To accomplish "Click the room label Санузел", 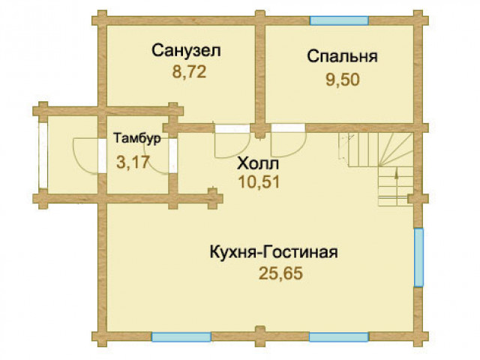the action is pos(186,50).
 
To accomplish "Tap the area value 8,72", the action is pos(189,72).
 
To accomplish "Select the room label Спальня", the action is pos(342,57).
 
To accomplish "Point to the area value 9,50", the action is pos(342,80).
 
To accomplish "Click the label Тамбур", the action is pos(137,138).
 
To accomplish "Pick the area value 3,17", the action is pos(133,162).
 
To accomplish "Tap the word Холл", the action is pos(258,163).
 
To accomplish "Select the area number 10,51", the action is pos(259,182).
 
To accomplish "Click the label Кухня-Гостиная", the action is pos(274,253).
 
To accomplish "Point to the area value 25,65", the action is pos(280,273).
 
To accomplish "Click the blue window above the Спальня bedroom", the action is pos(339,20).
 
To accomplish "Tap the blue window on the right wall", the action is pos(418,257).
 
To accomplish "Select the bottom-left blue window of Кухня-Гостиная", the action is pos(181,337).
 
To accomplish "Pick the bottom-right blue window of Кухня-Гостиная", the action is pos(339,337).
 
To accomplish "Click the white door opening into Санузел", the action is pos(232,128).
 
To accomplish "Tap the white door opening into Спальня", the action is pos(288,128).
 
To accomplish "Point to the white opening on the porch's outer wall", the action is pos(43,155).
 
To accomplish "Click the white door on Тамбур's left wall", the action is pos(102,156).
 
